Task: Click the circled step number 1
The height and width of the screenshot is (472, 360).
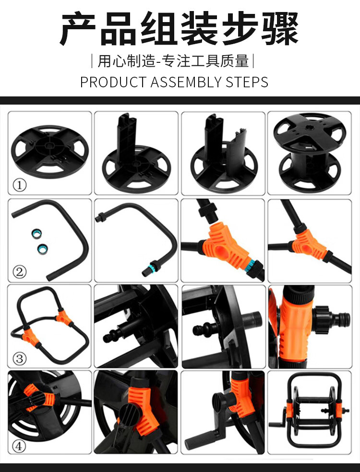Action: (20, 185)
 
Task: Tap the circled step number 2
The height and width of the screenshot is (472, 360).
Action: (20, 272)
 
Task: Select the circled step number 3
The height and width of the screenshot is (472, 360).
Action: (20, 358)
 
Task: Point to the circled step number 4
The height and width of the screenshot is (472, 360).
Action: (19, 446)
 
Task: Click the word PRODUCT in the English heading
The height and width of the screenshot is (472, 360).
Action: (113, 82)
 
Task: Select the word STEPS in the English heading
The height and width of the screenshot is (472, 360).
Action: (247, 82)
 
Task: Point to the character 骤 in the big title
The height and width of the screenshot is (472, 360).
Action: (280, 29)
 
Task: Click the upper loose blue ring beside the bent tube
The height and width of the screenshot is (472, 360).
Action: (36, 234)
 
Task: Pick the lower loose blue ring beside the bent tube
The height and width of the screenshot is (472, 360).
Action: (43, 249)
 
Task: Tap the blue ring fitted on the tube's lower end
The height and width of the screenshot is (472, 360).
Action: (153, 267)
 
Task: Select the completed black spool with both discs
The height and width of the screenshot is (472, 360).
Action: (309, 153)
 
